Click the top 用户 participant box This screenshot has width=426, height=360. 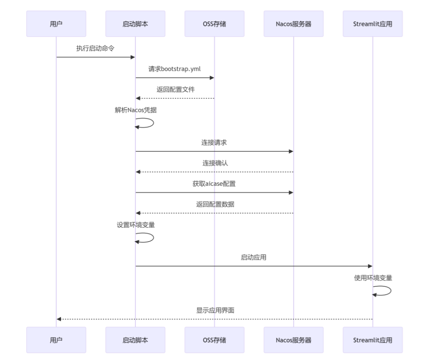(x=56, y=24)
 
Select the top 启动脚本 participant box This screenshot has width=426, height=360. (x=135, y=24)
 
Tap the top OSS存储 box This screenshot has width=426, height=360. (x=214, y=24)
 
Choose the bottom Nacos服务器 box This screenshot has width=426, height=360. (x=293, y=340)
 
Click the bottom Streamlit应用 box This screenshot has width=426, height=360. (x=372, y=340)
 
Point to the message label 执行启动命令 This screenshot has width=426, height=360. (x=96, y=48)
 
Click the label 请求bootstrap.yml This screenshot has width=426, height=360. (x=174, y=69)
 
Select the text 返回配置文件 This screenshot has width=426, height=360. (x=175, y=89)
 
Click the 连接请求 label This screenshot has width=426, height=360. (x=214, y=142)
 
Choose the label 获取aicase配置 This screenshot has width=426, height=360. (x=214, y=183)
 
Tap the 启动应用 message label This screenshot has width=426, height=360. (x=254, y=257)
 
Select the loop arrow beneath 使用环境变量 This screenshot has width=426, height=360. (x=385, y=291)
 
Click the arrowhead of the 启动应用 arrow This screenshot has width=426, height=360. (x=370, y=266)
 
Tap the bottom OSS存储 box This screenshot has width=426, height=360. (x=214, y=340)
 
